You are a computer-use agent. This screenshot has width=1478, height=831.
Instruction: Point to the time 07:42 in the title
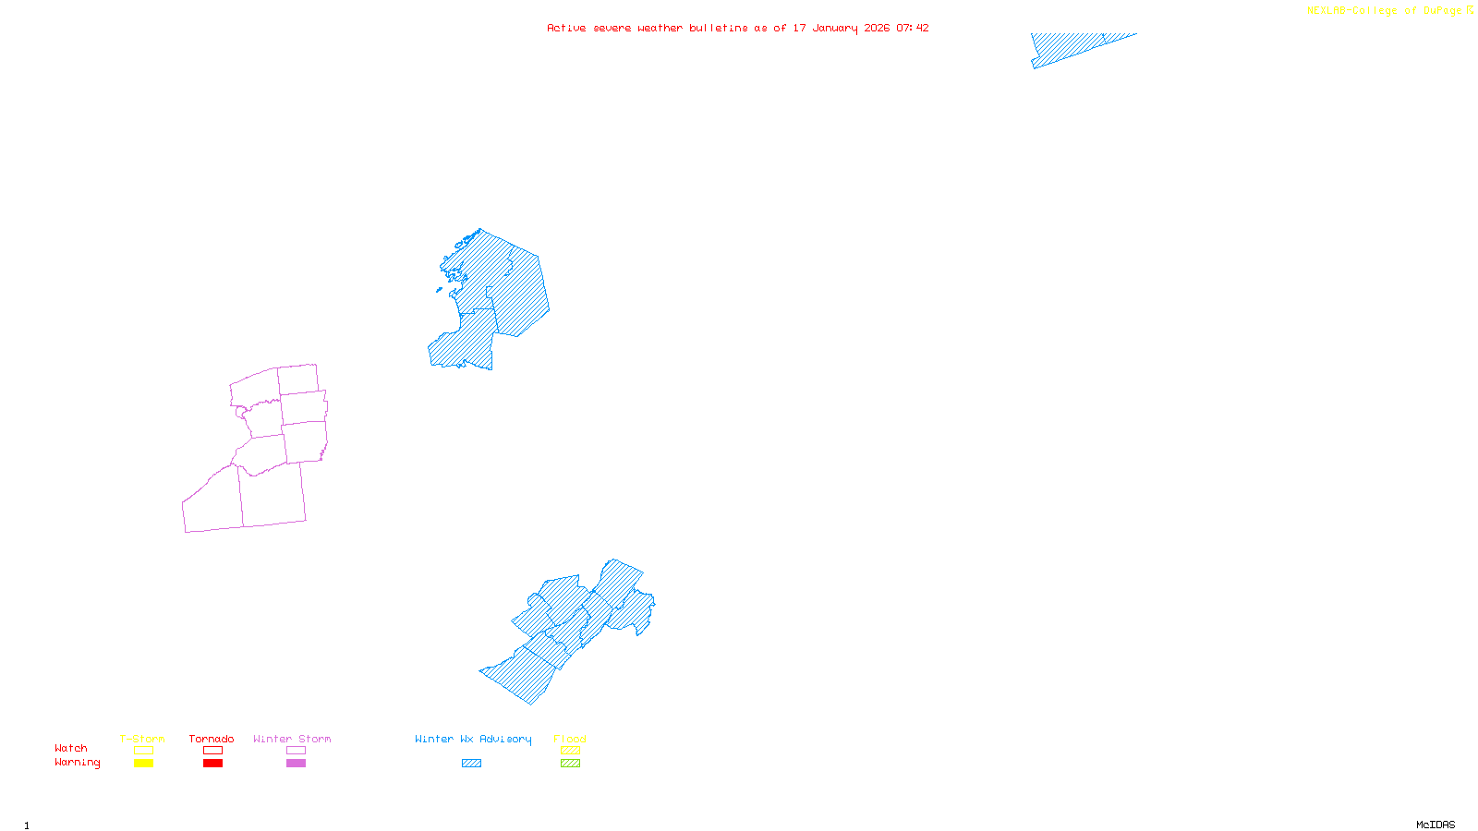[x=913, y=28]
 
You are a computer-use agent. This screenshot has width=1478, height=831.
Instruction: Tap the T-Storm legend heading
[x=142, y=739]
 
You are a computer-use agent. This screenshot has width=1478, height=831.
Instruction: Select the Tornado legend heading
[x=212, y=739]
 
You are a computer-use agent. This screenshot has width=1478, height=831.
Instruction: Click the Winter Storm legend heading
[x=292, y=739]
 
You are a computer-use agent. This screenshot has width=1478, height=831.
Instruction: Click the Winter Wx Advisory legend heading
[x=473, y=739]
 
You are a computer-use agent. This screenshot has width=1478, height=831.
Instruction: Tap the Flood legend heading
[x=570, y=739]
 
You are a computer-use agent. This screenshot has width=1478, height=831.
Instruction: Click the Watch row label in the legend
[x=71, y=748]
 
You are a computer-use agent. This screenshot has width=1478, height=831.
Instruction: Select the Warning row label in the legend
[x=78, y=763]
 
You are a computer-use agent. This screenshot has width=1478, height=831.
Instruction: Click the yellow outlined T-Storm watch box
[x=143, y=751]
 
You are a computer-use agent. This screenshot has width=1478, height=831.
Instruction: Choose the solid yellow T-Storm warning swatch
[x=143, y=764]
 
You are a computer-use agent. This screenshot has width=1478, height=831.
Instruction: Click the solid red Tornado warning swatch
[x=212, y=764]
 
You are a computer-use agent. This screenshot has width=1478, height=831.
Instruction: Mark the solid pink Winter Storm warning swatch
[x=296, y=764]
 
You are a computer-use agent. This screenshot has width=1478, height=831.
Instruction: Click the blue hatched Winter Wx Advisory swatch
[x=471, y=764]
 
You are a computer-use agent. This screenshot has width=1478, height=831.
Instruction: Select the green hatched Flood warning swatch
[x=570, y=764]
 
